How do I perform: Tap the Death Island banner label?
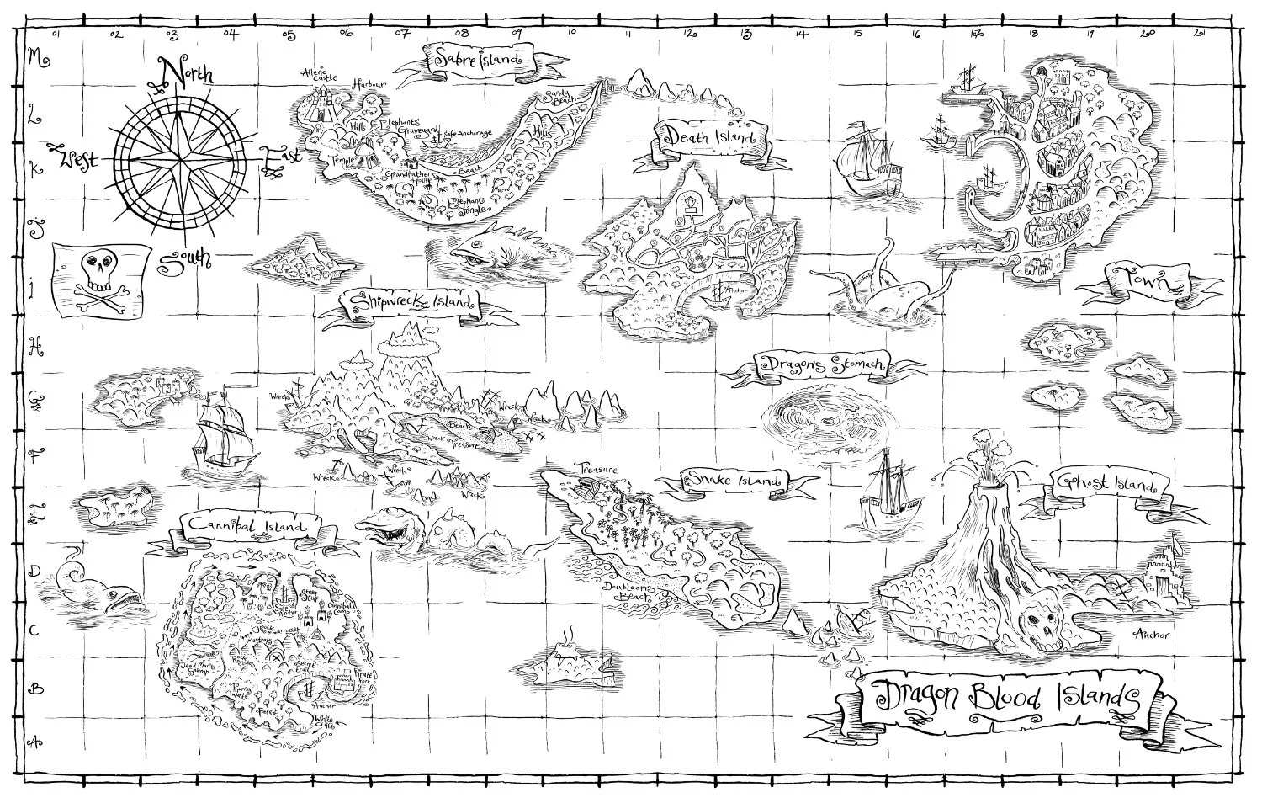point(710,135)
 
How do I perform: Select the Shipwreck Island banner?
point(410,301)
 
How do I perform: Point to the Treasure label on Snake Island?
point(596,469)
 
